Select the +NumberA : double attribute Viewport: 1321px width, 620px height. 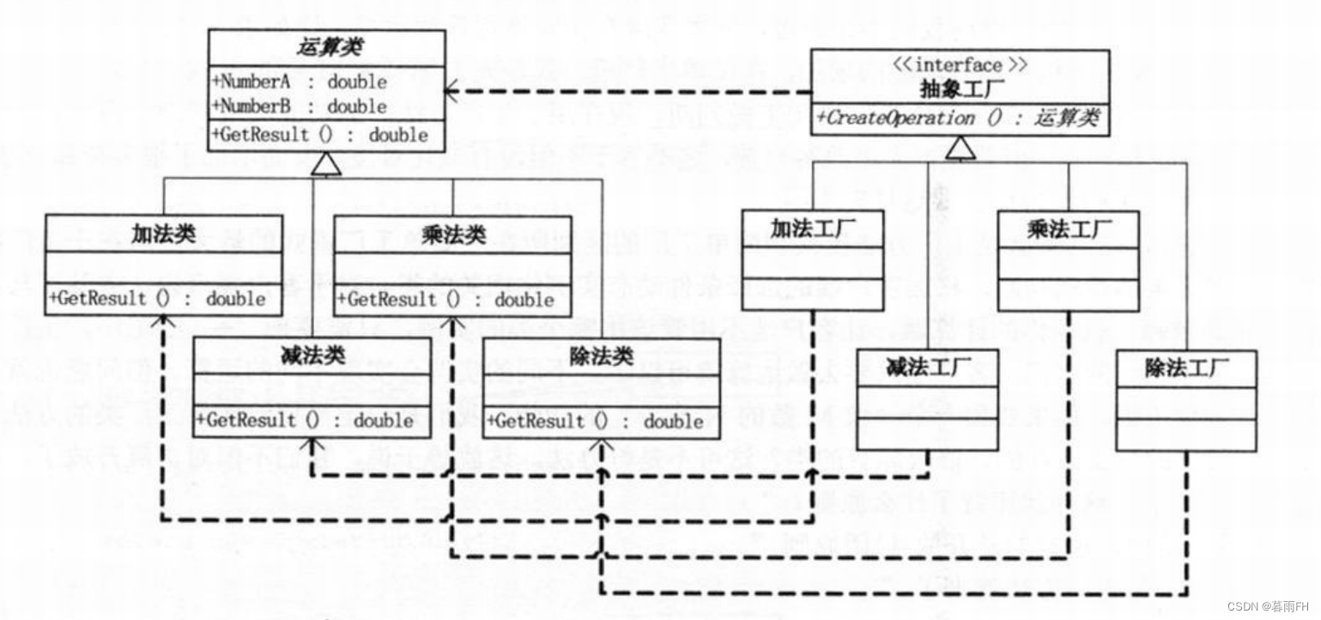pyautogui.click(x=299, y=82)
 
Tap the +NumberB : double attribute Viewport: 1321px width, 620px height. pyautogui.click(x=299, y=106)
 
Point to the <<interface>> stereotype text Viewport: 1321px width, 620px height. pyautogui.click(x=960, y=65)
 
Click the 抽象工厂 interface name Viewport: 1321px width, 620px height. pyautogui.click(x=960, y=88)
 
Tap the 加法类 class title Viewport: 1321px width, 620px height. pyautogui.click(x=163, y=234)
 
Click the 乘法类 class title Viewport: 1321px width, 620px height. pyautogui.click(x=453, y=234)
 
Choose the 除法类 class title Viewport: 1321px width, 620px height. pyautogui.click(x=601, y=356)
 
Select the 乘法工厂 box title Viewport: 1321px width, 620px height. pyautogui.click(x=1069, y=229)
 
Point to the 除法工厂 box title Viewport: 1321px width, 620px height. pyautogui.click(x=1187, y=368)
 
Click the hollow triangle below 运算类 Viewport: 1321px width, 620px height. pyautogui.click(x=329, y=163)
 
